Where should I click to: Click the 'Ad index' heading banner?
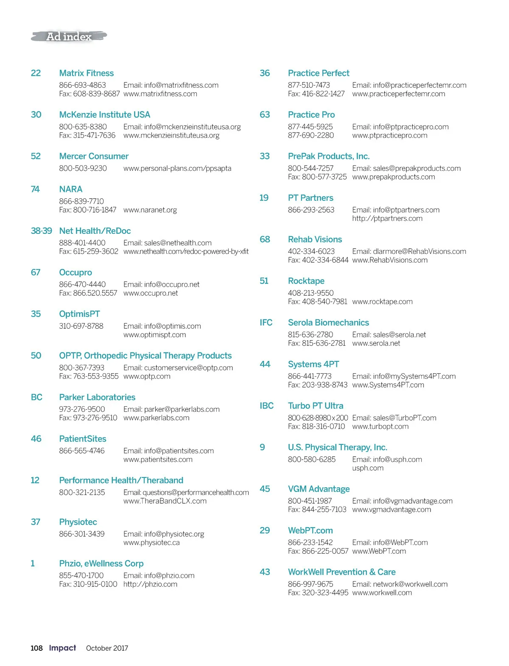(69, 37)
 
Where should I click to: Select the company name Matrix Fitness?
(86, 73)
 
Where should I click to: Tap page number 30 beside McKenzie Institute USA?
(36, 115)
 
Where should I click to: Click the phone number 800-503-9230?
(83, 168)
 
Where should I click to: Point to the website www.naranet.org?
(150, 210)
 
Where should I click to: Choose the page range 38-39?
(41, 231)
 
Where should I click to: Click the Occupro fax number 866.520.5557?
(88, 293)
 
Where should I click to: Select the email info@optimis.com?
(162, 326)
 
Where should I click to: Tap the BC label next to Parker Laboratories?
(36, 397)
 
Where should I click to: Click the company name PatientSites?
(83, 439)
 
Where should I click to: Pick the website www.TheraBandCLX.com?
(165, 501)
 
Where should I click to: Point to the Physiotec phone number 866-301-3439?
(82, 534)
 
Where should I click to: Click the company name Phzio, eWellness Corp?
(101, 563)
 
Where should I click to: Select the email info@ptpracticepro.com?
(400, 127)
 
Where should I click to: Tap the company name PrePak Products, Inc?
(329, 156)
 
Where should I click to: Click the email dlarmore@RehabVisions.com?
(409, 252)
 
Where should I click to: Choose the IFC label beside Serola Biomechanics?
(266, 323)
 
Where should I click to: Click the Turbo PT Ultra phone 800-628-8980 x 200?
(318, 418)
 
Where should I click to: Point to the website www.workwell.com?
(382, 593)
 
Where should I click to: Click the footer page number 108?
(36, 648)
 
